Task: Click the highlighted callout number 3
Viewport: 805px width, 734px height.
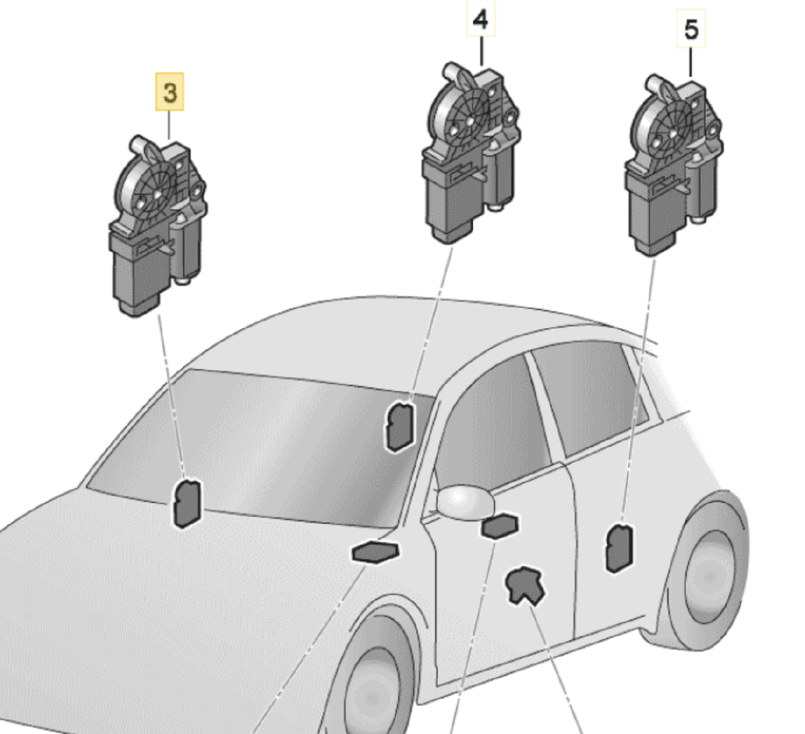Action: coord(169,91)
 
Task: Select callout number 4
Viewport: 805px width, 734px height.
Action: coord(480,19)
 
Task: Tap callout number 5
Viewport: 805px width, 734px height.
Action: coord(691,29)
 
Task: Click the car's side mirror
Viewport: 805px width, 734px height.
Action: coord(465,503)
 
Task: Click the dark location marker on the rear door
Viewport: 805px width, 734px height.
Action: coord(619,548)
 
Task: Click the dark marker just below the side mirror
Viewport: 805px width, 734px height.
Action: coord(500,526)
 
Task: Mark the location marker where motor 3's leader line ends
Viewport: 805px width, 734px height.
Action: coord(187,503)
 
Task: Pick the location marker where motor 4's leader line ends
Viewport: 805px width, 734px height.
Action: coord(400,427)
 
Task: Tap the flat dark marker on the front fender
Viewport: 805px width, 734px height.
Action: coord(375,552)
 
